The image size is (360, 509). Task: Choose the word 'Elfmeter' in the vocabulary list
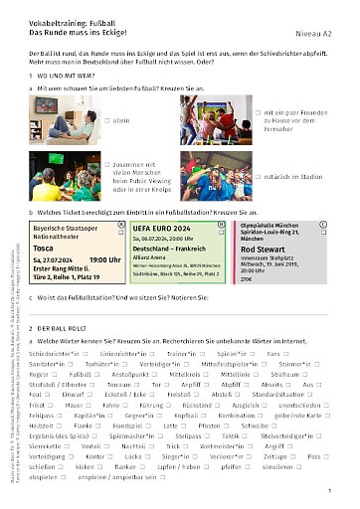click(x=93, y=381)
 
